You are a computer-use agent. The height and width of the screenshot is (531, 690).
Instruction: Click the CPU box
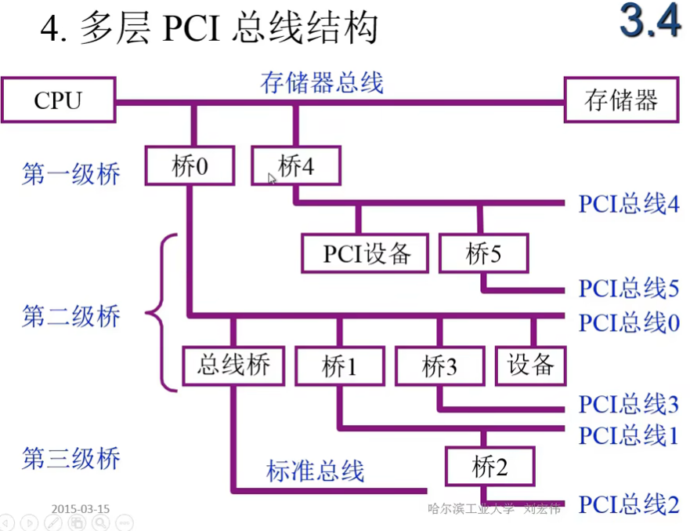pyautogui.click(x=58, y=100)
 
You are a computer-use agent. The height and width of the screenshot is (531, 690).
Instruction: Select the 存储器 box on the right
pyautogui.click(x=621, y=100)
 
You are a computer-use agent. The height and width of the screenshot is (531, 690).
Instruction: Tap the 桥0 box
pyautogui.click(x=190, y=165)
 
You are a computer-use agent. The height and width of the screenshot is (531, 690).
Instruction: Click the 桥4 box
pyautogui.click(x=296, y=165)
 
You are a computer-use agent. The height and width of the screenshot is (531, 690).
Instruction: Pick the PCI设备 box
pyautogui.click(x=366, y=254)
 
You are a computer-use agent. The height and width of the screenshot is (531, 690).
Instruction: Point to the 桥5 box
pyautogui.click(x=484, y=254)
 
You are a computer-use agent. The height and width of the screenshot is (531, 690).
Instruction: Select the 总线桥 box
pyautogui.click(x=233, y=366)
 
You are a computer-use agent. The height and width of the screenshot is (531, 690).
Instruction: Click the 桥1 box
pyautogui.click(x=339, y=366)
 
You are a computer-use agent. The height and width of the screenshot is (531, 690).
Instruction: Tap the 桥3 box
pyautogui.click(x=439, y=366)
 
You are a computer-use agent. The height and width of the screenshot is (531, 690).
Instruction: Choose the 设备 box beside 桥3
pyautogui.click(x=530, y=366)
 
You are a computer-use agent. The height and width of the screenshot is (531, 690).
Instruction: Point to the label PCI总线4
pyautogui.click(x=629, y=204)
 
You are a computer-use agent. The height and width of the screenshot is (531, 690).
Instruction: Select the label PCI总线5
pyautogui.click(x=629, y=289)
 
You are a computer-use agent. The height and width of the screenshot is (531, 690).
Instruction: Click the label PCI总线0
pyautogui.click(x=629, y=322)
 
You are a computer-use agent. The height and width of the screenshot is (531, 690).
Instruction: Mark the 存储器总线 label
pyautogui.click(x=322, y=82)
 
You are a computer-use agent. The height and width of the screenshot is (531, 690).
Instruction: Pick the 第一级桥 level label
pyautogui.click(x=71, y=173)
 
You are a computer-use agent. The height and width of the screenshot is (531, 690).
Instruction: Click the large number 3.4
pyautogui.click(x=649, y=22)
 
